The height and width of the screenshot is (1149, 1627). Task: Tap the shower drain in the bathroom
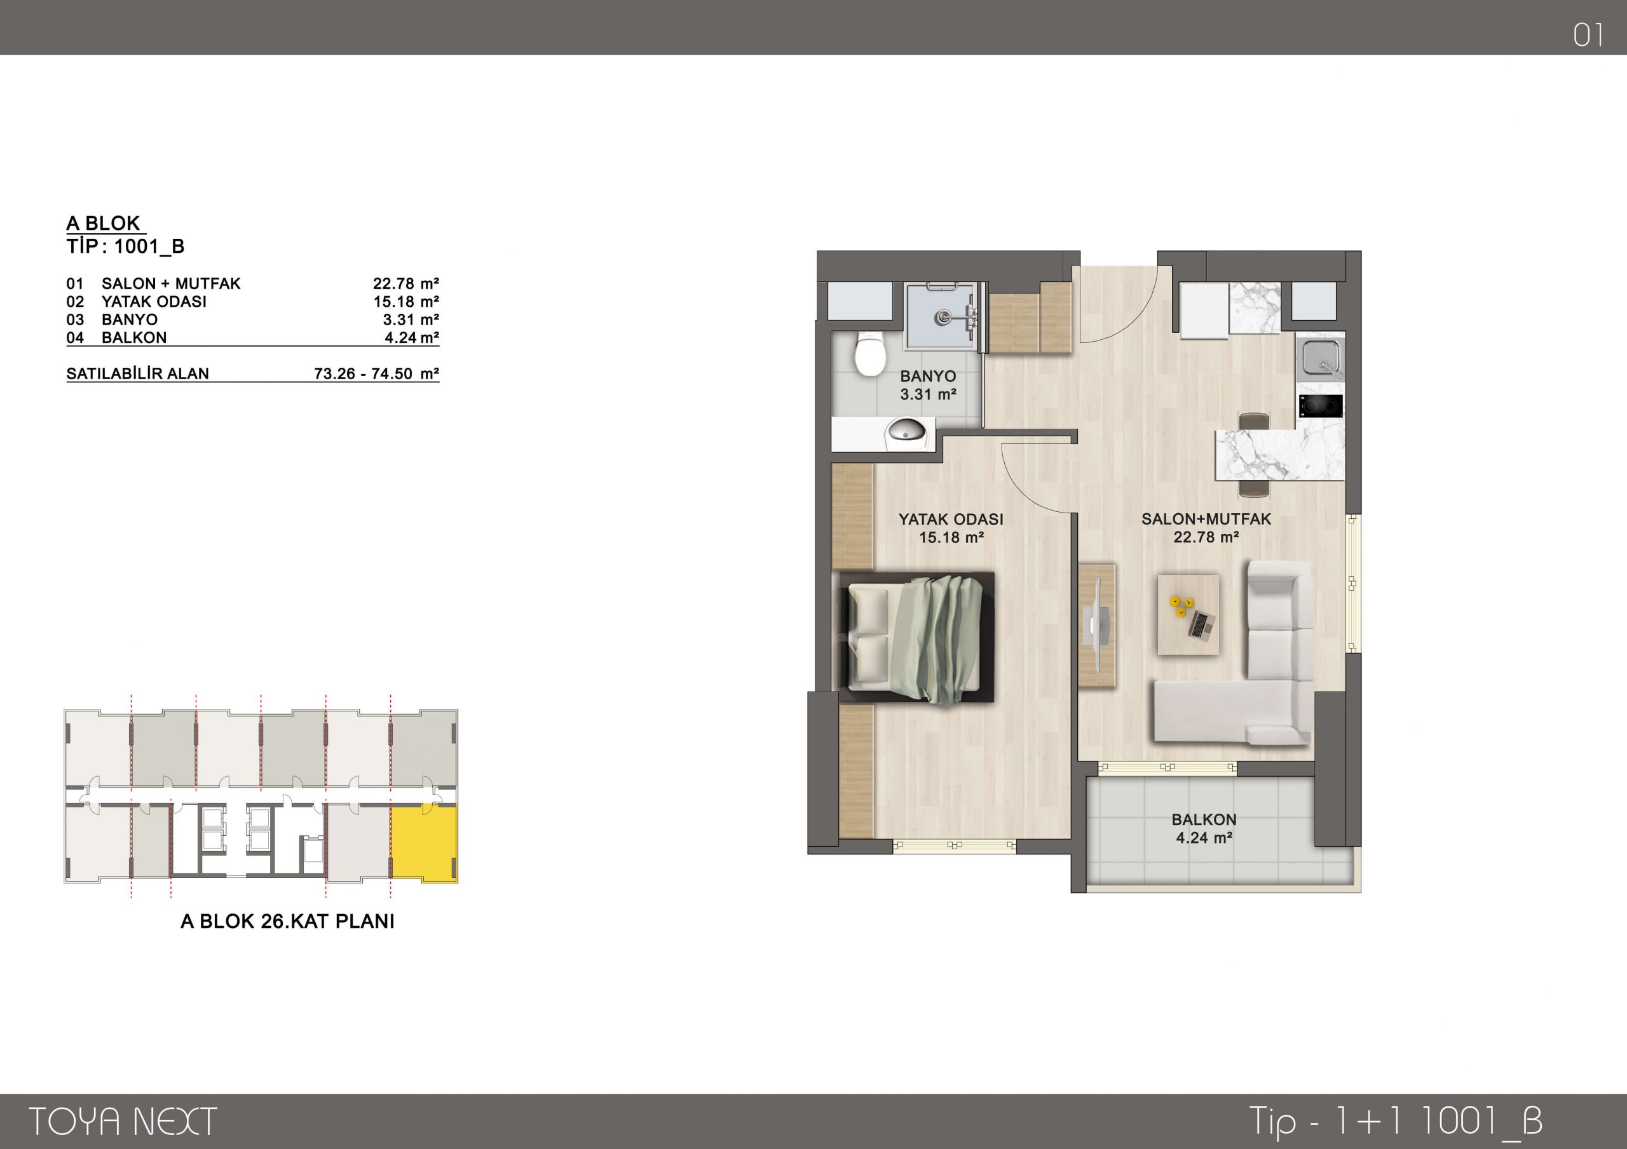point(943,318)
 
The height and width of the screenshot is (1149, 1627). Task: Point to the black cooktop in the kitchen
point(1321,405)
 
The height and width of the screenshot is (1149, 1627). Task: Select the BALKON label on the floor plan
point(1204,819)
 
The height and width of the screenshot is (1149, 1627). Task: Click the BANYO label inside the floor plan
point(928,377)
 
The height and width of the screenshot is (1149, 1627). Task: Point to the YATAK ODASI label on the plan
point(951,520)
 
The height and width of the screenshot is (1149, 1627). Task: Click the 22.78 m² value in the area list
point(406,284)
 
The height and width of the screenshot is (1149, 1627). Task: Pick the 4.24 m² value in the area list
point(412,338)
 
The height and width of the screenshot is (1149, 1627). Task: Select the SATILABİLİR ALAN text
point(137,374)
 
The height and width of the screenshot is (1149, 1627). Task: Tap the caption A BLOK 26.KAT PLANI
point(288,921)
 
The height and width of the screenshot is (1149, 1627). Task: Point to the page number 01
point(1588,35)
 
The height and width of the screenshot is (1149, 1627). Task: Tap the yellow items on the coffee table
point(1178,607)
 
